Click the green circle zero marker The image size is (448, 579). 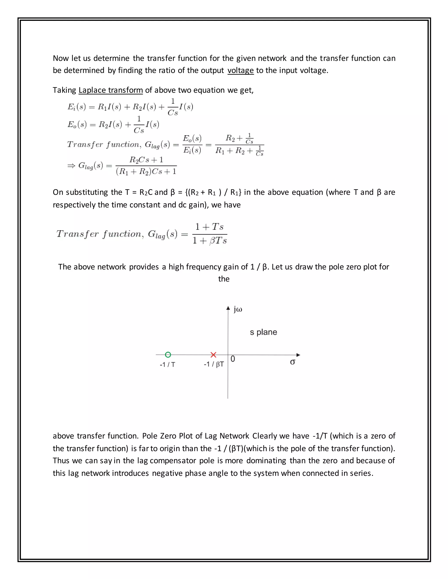point(168,355)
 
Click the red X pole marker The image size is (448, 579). point(213,355)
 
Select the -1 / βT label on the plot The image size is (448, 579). point(214,364)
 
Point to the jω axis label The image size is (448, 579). point(238,309)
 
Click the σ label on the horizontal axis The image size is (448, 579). point(292,362)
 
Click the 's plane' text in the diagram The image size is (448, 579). point(263,332)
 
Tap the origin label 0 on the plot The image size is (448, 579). point(233,359)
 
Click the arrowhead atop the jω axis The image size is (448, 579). point(228,308)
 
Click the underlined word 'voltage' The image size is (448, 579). point(240,71)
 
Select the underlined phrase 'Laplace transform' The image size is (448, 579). point(111,90)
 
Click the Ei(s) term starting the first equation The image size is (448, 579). point(76,107)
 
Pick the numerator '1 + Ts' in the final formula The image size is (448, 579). point(209,227)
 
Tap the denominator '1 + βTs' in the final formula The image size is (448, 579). point(209,241)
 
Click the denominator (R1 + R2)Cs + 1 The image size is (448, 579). point(146,172)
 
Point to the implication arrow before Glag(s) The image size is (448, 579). point(71,166)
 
